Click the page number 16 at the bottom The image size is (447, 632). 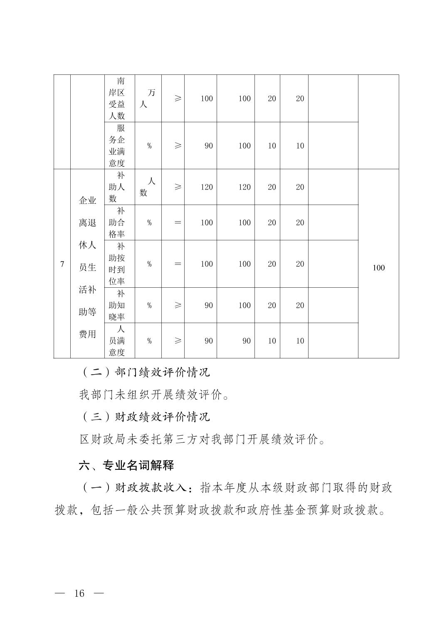[79, 593]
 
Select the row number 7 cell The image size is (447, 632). [62, 264]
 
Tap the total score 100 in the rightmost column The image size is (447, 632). [378, 268]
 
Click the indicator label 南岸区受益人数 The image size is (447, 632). [117, 99]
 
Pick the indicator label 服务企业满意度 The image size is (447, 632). [117, 146]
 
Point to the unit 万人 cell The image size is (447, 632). [148, 99]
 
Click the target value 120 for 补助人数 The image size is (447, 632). [206, 187]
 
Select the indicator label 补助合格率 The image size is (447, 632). [117, 222]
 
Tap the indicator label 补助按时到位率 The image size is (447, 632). [117, 264]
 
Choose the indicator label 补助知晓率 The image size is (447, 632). [117, 305]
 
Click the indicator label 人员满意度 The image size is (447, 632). [117, 341]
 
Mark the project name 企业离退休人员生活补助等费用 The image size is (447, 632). [87, 267]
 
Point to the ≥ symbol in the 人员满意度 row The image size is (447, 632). [178, 341]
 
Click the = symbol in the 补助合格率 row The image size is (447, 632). [178, 222]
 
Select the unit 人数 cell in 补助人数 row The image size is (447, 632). [148, 187]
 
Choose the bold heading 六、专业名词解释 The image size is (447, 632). [126, 465]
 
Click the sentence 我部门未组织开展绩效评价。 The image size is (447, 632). [154, 395]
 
